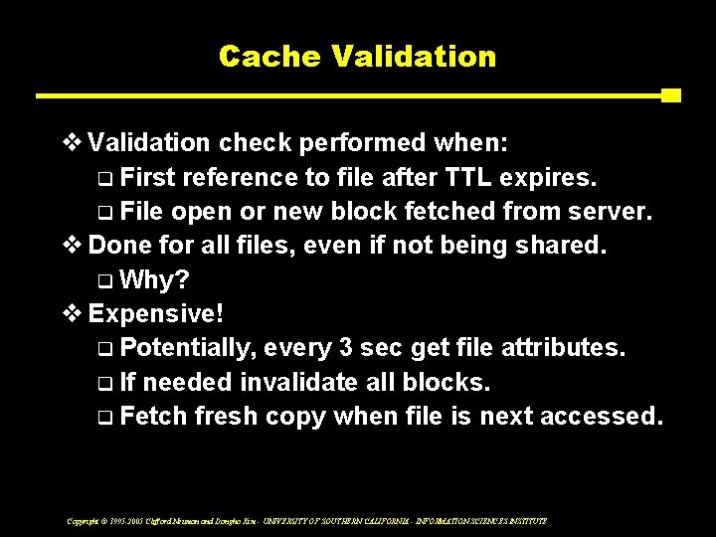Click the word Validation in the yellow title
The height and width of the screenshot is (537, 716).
(415, 56)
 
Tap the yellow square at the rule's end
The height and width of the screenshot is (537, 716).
(671, 95)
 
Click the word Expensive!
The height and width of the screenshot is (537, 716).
(157, 313)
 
